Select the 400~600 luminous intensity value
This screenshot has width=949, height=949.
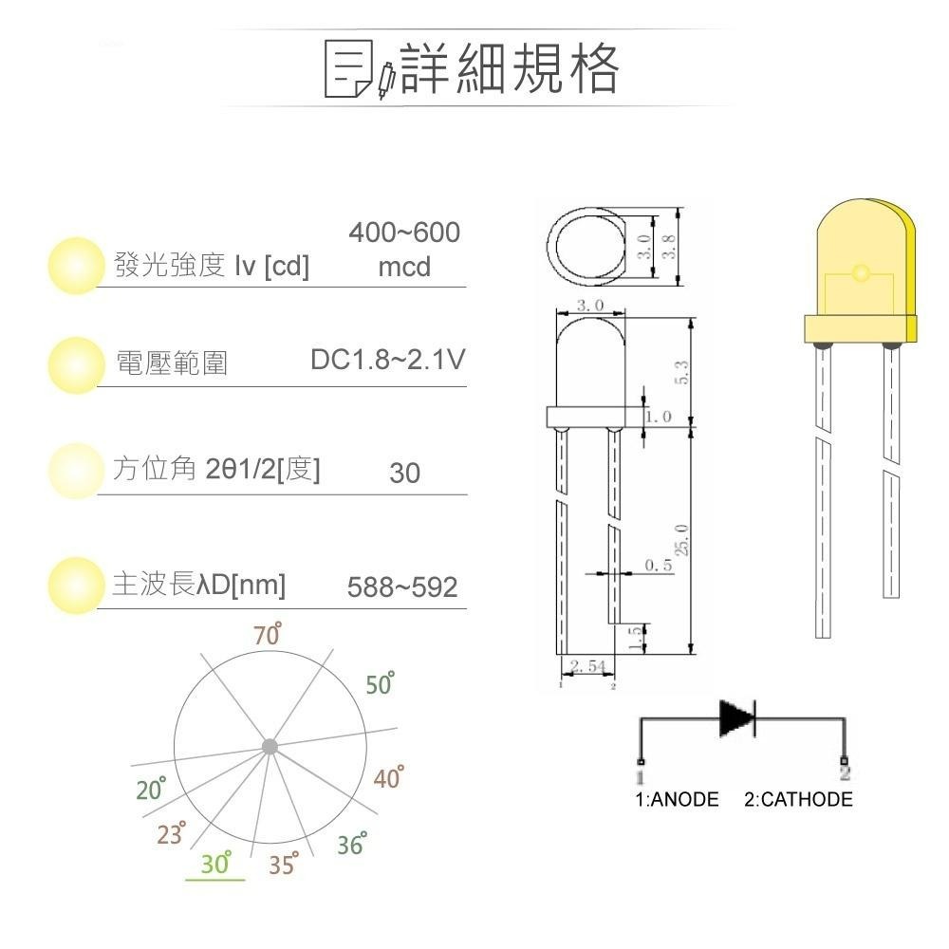click(404, 233)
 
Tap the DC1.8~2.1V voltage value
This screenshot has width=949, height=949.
click(388, 361)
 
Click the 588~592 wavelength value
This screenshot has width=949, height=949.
click(402, 587)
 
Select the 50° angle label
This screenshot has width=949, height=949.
click(380, 684)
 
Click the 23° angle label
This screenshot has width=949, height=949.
click(172, 834)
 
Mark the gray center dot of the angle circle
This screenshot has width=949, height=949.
click(270, 746)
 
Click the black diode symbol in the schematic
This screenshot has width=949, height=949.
click(737, 718)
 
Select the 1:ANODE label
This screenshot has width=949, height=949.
click(677, 800)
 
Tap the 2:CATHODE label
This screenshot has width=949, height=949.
click(798, 800)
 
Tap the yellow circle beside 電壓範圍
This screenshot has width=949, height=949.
click(75, 364)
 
